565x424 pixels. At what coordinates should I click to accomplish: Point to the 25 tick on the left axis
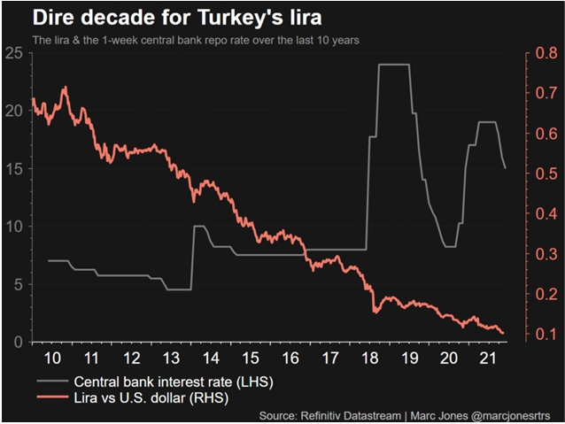pyautogui.click(x=12, y=53)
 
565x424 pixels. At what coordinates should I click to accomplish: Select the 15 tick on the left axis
pyautogui.click(x=12, y=169)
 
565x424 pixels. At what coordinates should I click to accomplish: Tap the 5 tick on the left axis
pyautogui.click(x=17, y=284)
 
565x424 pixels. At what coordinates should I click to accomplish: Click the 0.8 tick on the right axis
pyautogui.click(x=547, y=53)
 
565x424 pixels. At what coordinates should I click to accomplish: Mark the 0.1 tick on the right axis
pyautogui.click(x=547, y=334)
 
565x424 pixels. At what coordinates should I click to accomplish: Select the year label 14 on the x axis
pyautogui.click(x=209, y=358)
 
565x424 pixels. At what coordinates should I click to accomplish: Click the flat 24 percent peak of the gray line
pyautogui.click(x=393, y=65)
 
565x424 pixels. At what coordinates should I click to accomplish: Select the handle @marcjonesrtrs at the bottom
pyautogui.click(x=511, y=415)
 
